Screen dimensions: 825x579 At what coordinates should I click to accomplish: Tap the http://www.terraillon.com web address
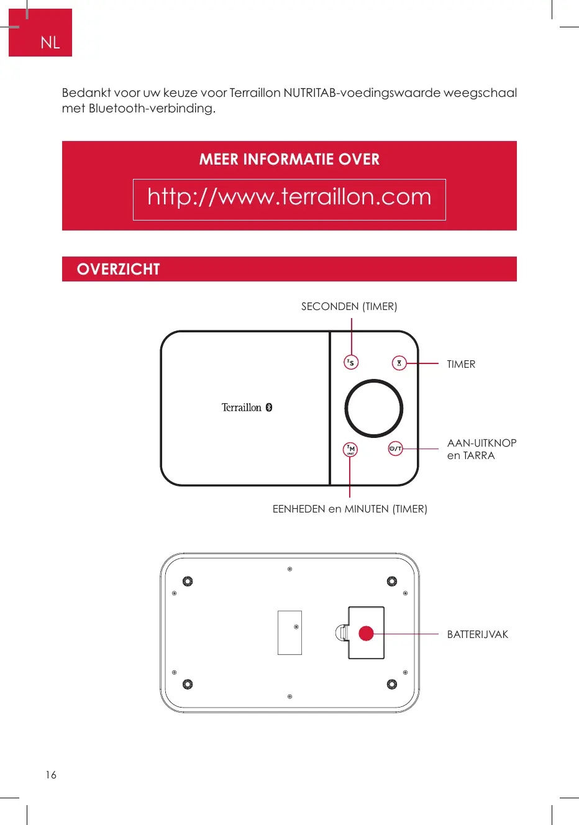click(289, 198)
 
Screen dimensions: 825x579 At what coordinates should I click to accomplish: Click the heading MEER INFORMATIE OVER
click(289, 160)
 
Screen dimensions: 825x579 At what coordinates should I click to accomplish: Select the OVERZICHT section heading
click(118, 269)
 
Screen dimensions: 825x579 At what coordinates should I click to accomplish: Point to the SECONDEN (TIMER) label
click(349, 306)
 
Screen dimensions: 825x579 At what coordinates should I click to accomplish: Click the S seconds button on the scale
click(351, 362)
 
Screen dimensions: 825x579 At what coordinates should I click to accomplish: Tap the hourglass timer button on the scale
click(399, 363)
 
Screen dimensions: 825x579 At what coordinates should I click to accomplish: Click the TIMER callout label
click(461, 365)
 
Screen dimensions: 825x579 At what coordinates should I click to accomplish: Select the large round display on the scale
click(373, 409)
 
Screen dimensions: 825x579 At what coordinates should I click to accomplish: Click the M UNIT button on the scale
click(350, 449)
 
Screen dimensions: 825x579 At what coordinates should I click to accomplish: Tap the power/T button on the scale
click(396, 449)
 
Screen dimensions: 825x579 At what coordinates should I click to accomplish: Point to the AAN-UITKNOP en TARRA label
click(481, 449)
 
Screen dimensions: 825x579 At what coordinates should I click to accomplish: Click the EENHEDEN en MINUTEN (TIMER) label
click(350, 509)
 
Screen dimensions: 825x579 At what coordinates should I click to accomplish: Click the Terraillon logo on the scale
click(242, 408)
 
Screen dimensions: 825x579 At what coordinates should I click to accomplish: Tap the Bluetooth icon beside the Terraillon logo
click(269, 408)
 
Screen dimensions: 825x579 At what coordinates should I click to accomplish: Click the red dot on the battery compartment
click(366, 633)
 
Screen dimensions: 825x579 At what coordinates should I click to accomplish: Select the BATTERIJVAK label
click(477, 634)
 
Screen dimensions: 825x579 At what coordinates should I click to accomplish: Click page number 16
click(51, 775)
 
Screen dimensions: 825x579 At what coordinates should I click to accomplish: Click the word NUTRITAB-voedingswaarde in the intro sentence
click(362, 93)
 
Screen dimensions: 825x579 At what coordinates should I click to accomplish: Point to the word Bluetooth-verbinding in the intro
click(152, 109)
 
